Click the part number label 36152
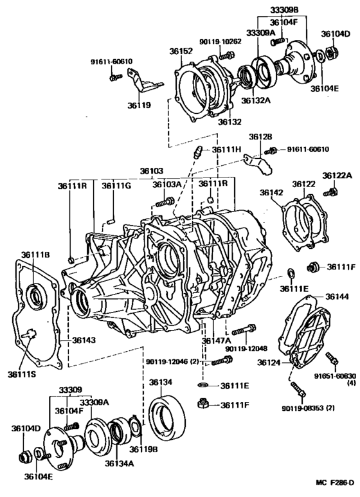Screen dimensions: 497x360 point(181,51)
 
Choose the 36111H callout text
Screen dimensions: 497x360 point(226,149)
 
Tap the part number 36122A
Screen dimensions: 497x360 point(337,176)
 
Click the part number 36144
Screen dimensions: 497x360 point(337,296)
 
